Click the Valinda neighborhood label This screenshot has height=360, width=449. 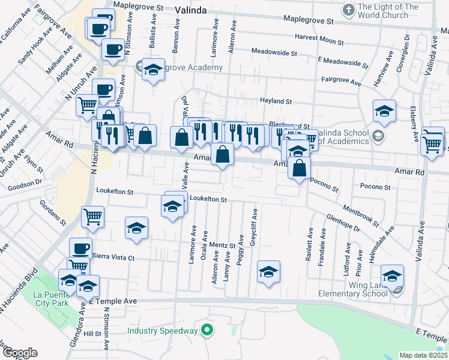pos(191,10)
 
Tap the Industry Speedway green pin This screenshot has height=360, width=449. pos(206,329)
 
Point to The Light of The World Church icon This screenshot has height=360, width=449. pos(348,10)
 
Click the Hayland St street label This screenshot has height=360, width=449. pos(275,101)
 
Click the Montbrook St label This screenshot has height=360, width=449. pos(360,215)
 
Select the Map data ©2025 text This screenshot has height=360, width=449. pos(423,355)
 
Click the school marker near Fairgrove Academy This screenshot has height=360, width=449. pos(153,70)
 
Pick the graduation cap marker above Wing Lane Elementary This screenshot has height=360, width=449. pos(393,275)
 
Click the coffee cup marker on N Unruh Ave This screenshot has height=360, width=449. pos(103,89)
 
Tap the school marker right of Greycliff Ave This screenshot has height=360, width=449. pos(268,271)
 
